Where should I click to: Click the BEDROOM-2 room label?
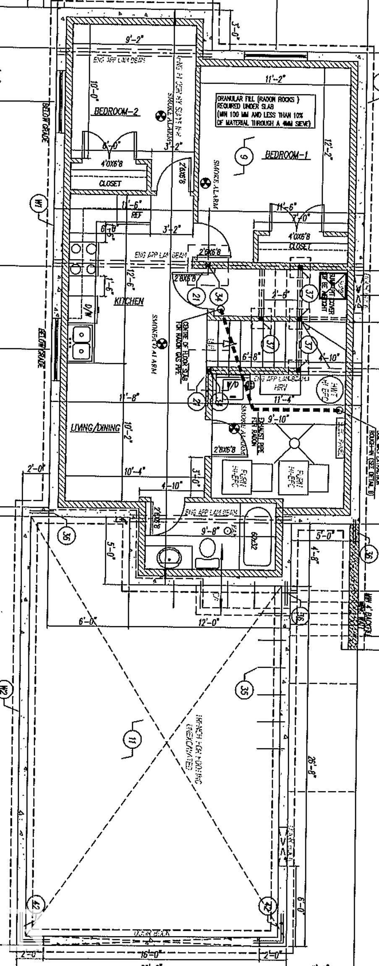click(116, 112)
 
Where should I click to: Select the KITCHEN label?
click(129, 301)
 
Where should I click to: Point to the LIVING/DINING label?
click(95, 428)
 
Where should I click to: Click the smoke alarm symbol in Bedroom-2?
click(160, 116)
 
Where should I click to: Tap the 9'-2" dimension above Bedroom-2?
click(134, 39)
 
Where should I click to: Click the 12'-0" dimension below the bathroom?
click(208, 623)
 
